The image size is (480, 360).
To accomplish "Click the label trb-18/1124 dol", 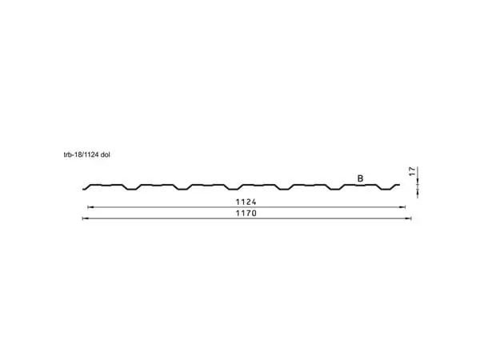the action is (86, 155).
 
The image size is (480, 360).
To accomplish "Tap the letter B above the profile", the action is (360, 178).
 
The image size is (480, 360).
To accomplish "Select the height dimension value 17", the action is (413, 171).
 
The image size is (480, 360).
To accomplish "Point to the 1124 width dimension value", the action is (246, 202).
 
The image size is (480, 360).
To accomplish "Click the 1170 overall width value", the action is (246, 213).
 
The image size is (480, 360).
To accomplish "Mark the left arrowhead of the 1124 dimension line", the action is (90, 207).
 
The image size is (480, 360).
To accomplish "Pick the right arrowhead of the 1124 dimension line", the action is (402, 207).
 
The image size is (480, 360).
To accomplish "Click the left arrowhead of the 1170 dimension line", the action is (85, 218).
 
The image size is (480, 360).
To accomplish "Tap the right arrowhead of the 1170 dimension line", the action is (408, 218).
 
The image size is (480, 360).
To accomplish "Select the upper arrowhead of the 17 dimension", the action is (418, 182).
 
